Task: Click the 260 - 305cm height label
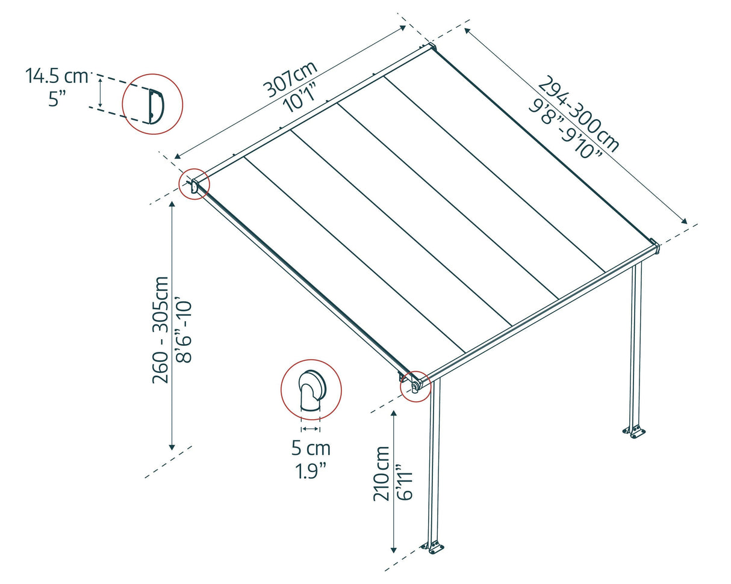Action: [161, 329]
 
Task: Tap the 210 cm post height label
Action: [382, 473]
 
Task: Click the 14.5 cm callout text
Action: [57, 76]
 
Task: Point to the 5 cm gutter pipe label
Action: [311, 449]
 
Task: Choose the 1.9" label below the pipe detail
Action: [311, 471]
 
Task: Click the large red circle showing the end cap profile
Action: [152, 104]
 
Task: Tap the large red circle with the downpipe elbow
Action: [311, 390]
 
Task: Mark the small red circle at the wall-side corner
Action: [194, 185]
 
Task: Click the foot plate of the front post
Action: [433, 547]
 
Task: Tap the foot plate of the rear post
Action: [634, 431]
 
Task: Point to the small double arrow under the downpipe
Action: [311, 428]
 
